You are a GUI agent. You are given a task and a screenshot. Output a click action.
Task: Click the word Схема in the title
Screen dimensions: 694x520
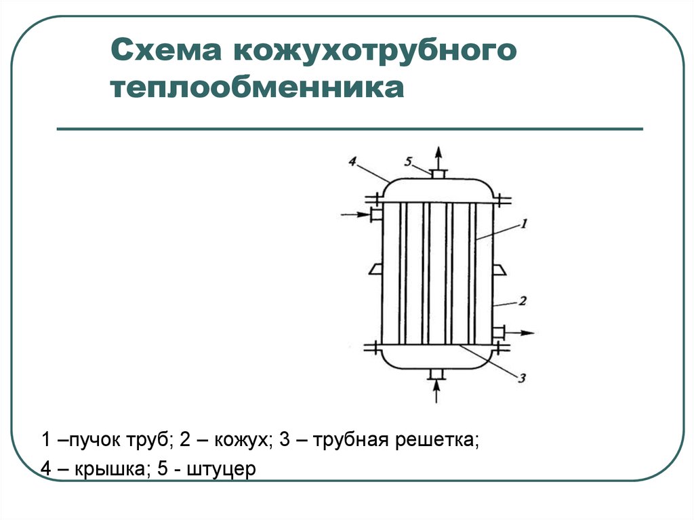click(166, 49)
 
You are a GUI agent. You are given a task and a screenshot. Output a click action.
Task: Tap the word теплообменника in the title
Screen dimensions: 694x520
click(257, 87)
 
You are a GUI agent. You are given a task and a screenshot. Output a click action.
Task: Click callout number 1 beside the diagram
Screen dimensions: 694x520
click(524, 224)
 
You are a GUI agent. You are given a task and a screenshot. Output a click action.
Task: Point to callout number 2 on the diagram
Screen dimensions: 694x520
click(523, 301)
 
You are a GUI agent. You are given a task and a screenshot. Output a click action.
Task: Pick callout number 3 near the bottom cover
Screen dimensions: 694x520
click(522, 378)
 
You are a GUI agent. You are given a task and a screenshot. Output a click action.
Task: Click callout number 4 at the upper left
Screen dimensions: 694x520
click(352, 161)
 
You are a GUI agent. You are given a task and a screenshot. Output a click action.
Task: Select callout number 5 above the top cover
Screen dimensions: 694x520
click(408, 161)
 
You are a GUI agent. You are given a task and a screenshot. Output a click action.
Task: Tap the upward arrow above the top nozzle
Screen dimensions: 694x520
click(438, 158)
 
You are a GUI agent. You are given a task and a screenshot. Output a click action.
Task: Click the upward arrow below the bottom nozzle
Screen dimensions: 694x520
click(437, 392)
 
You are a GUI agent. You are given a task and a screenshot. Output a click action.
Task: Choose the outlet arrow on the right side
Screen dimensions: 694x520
click(520, 332)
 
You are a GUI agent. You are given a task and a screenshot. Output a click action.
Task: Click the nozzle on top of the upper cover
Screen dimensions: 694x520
click(438, 174)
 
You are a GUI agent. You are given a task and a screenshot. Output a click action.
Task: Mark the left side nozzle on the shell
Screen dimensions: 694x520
click(375, 215)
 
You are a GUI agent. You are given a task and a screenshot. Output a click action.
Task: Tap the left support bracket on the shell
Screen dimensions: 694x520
click(375, 269)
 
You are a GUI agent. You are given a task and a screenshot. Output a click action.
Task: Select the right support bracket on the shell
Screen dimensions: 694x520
click(499, 269)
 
